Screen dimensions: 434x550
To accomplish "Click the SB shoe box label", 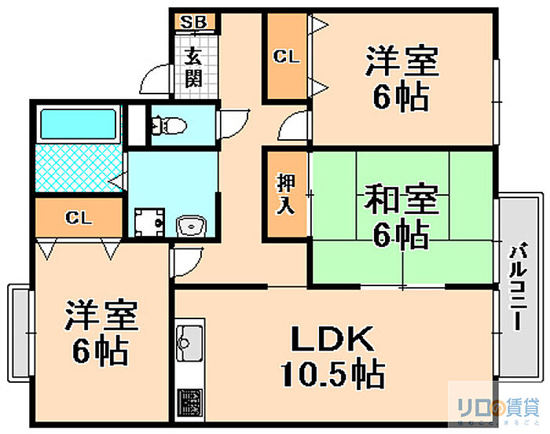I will click(191, 22).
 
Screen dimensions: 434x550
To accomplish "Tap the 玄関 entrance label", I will click(193, 68).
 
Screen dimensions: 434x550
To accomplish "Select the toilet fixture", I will click(168, 124).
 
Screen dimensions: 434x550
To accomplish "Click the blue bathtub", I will click(78, 124).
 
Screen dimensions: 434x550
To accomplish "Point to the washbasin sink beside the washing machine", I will click(190, 226).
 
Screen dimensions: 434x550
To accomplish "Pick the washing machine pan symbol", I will click(147, 223).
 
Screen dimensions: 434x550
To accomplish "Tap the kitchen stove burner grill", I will click(189, 404).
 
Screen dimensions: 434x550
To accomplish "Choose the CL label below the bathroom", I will click(78, 218).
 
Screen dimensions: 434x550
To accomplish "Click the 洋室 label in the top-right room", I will click(401, 63).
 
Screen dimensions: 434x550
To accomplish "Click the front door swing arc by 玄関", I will click(155, 79).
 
